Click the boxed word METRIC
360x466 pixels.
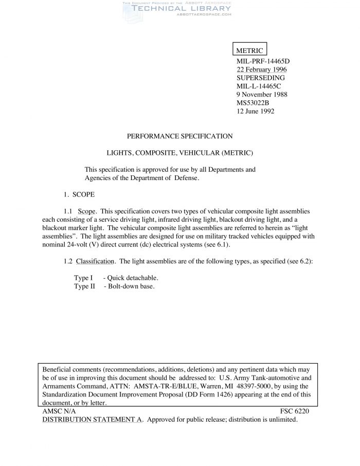click(249, 50)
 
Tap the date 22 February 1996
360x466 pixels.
click(261, 69)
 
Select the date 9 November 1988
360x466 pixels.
click(262, 94)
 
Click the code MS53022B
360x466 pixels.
click(253, 103)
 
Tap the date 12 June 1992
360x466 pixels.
click(255, 111)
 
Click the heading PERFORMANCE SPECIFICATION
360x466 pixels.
click(179, 136)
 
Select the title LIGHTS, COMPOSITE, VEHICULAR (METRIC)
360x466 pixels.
click(180, 153)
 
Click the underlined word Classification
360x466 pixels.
click(95, 261)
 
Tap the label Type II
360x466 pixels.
click(85, 286)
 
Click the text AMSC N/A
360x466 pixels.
click(59, 411)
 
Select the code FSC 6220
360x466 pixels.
click(295, 411)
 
